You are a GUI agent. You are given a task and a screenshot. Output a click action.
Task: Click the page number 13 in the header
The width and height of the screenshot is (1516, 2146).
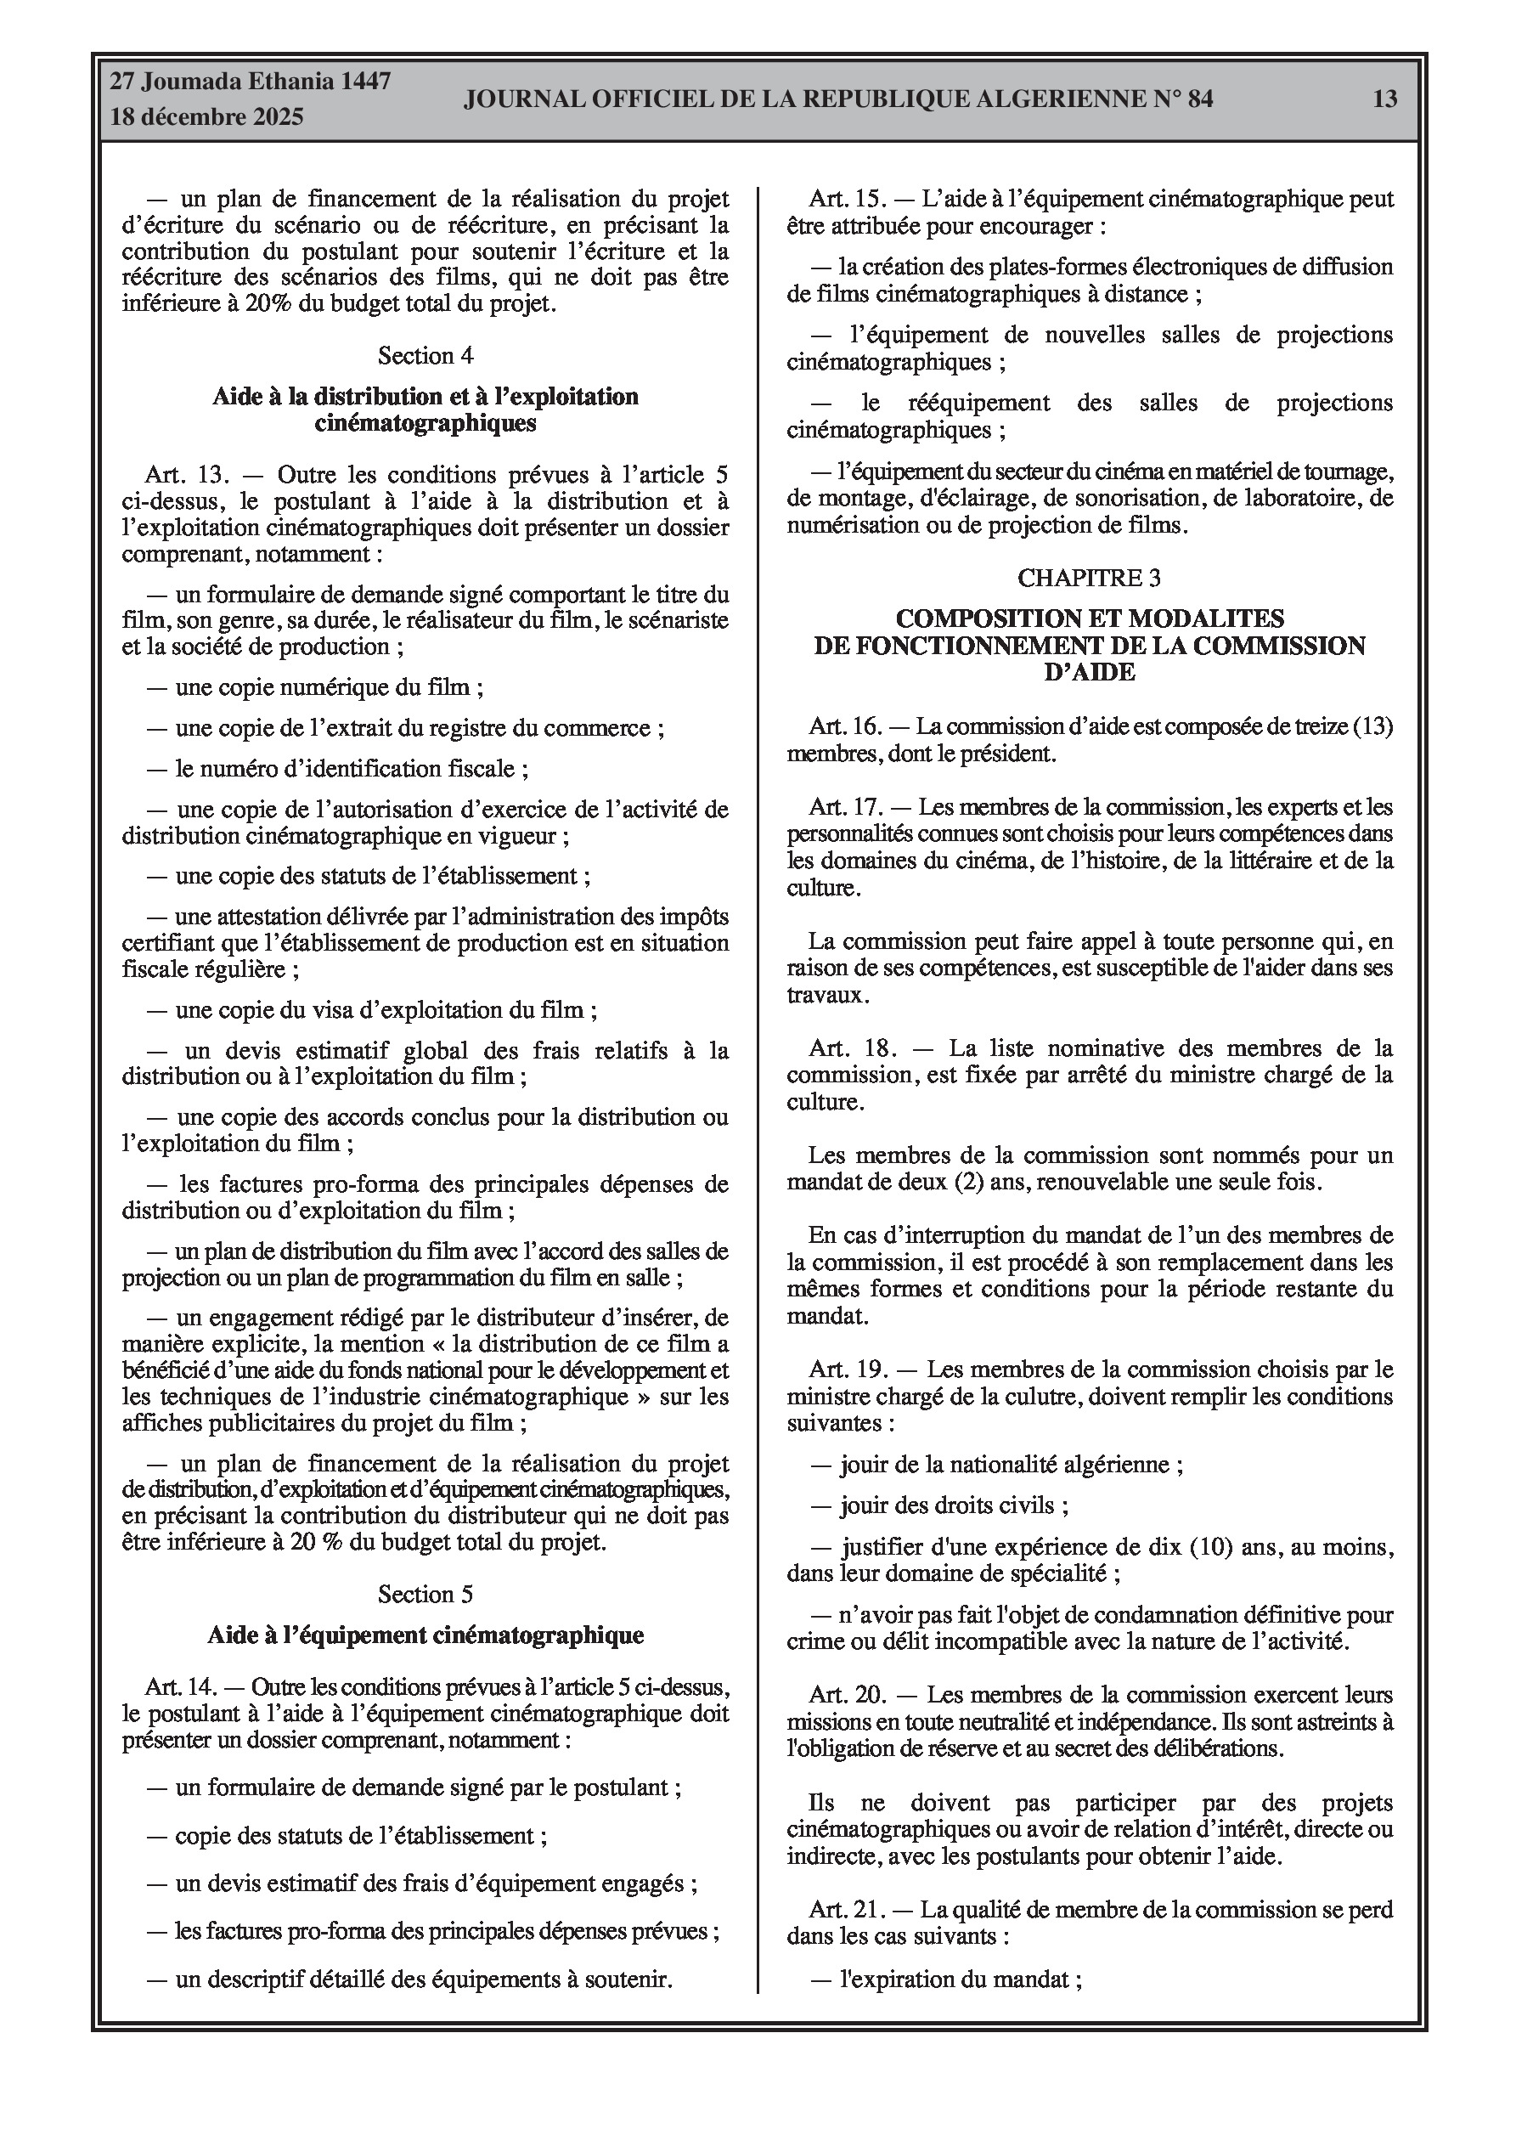click(x=1385, y=99)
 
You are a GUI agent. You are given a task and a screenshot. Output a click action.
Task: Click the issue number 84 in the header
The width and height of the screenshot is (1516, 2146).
click(x=1200, y=99)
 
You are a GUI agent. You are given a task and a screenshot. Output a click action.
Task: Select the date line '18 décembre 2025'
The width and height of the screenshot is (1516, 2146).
click(x=206, y=117)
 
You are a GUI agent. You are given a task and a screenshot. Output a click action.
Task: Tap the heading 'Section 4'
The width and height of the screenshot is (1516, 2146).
click(x=425, y=355)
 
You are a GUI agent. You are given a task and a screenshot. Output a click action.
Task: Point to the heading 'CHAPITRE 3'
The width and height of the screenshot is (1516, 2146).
click(x=1089, y=578)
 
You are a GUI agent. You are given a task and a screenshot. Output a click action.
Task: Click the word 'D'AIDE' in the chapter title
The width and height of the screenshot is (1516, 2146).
click(x=1089, y=672)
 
